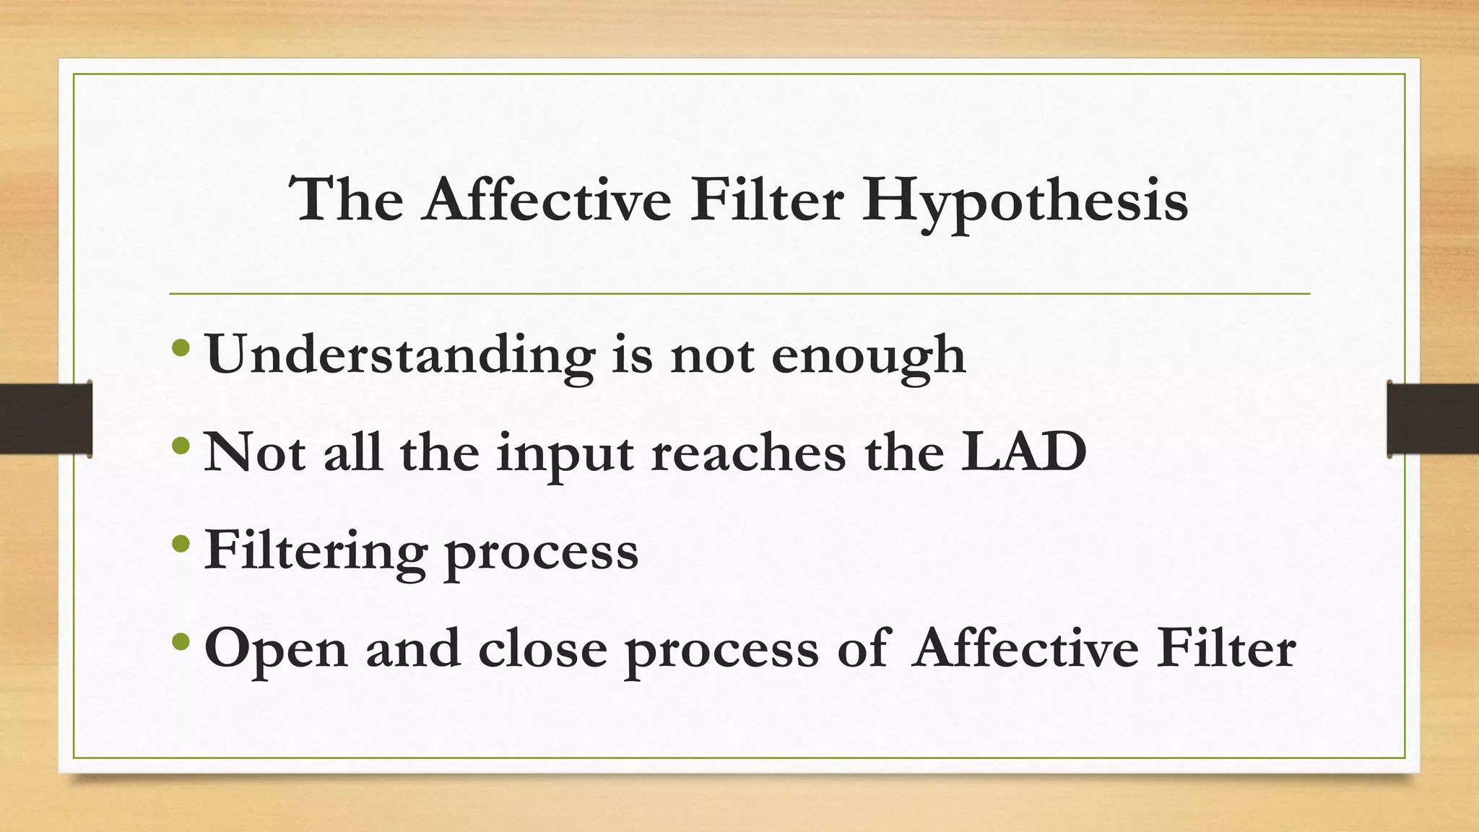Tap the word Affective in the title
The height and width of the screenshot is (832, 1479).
pos(548,199)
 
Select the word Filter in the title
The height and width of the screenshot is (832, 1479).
pos(766,199)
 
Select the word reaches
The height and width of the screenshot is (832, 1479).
pos(748,452)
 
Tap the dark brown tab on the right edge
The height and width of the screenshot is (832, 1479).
pos(1433,419)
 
